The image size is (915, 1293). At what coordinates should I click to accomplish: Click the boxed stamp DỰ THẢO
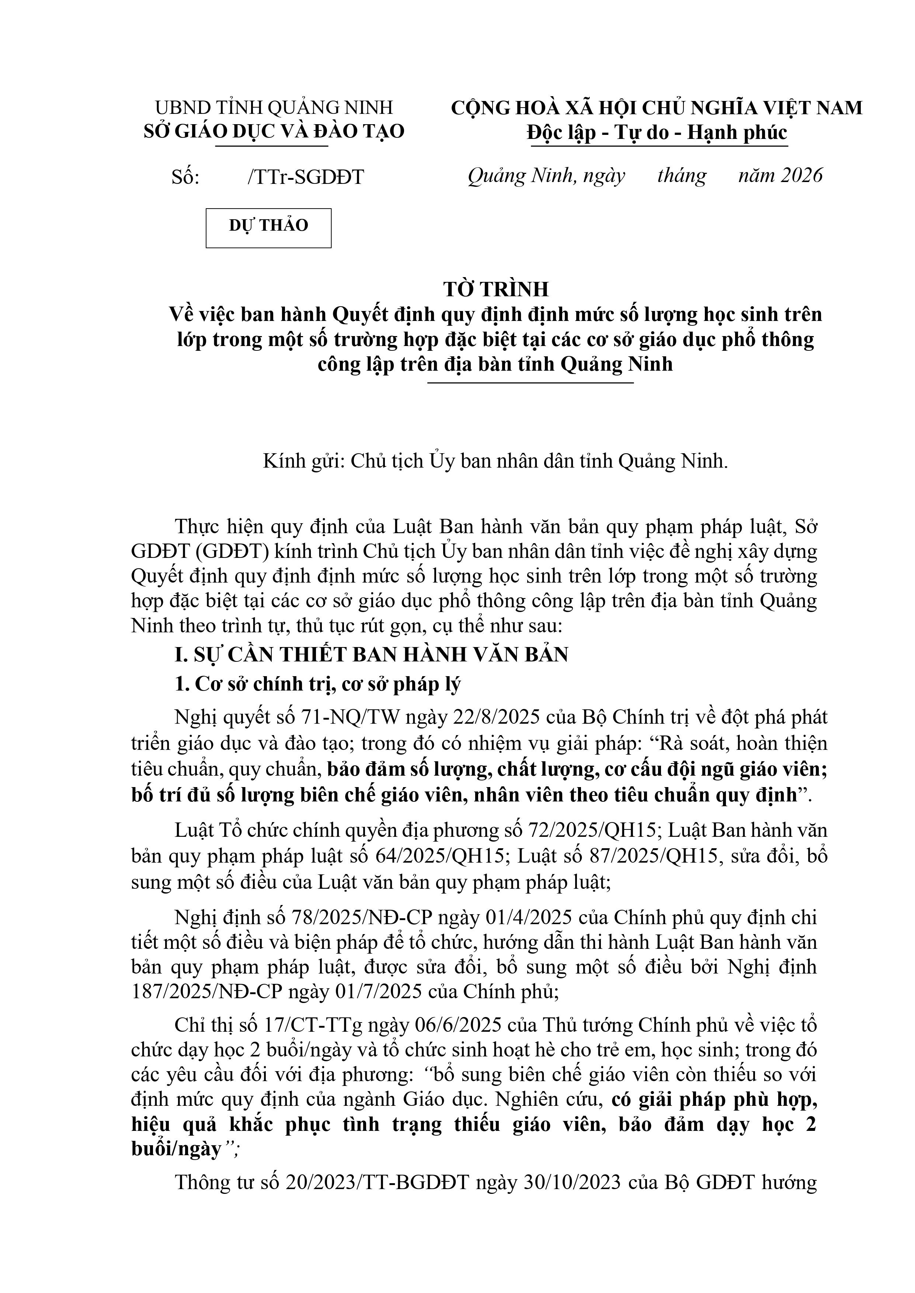point(268,226)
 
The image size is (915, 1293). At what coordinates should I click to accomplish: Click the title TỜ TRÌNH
point(496,289)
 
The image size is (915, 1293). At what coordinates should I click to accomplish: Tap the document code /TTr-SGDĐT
point(306,177)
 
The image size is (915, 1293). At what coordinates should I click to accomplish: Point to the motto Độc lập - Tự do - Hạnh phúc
point(657,133)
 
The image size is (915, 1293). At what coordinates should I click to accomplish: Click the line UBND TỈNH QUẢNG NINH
point(274,107)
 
